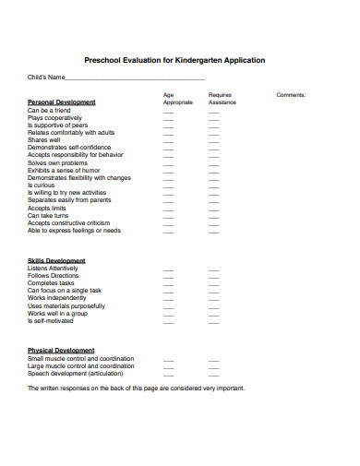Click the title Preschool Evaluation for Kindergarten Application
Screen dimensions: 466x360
coord(174,60)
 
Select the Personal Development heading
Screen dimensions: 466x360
coord(62,102)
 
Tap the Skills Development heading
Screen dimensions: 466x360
coord(56,260)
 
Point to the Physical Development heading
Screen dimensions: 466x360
coord(61,351)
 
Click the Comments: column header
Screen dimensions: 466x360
coord(291,95)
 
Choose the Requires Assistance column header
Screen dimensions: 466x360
coord(221,99)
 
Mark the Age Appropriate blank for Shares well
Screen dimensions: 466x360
coord(169,142)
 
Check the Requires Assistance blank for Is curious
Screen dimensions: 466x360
coord(214,185)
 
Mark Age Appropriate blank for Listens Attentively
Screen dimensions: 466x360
coord(169,269)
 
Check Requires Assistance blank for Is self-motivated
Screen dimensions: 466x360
coord(214,322)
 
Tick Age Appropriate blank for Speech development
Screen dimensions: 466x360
coord(169,375)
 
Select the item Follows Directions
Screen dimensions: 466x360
coord(54,276)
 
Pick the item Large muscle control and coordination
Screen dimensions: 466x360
coord(80,366)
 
